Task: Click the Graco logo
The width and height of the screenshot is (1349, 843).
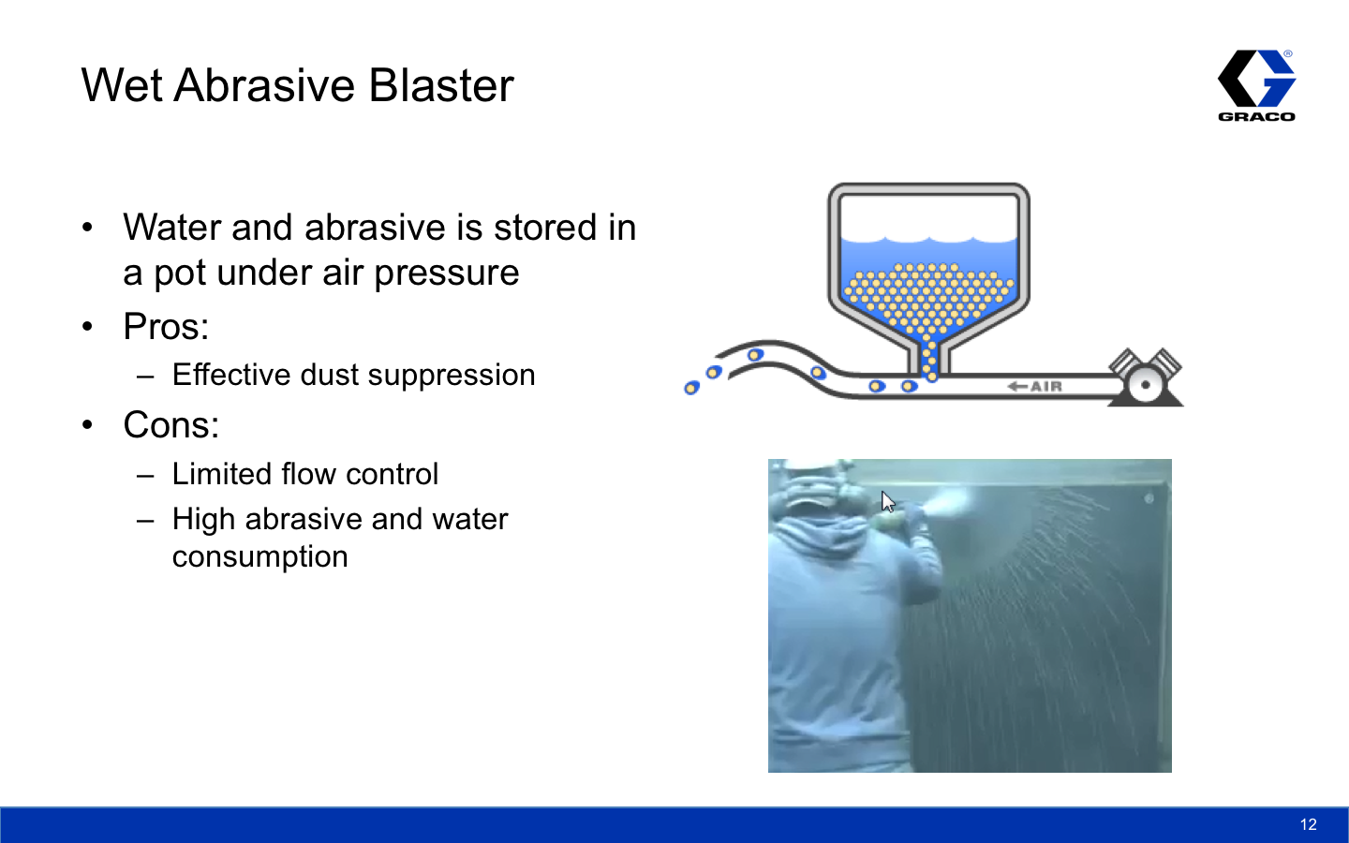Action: click(1257, 85)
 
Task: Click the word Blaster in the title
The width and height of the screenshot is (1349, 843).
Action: click(441, 85)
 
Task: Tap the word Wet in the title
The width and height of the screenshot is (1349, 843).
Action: click(122, 85)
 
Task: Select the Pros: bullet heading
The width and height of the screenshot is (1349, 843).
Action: click(166, 326)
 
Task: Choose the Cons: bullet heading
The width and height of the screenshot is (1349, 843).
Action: click(171, 424)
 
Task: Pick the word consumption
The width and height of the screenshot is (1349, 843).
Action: click(260, 557)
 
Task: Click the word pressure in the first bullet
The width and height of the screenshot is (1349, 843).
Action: click(446, 274)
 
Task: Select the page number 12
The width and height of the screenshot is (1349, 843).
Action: click(1308, 824)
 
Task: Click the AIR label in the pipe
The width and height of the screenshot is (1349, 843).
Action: click(1046, 386)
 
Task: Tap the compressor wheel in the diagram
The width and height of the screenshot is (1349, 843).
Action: click(1145, 385)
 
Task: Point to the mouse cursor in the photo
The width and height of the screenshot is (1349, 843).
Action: click(888, 502)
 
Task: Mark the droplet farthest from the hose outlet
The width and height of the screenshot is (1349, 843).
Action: click(691, 388)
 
